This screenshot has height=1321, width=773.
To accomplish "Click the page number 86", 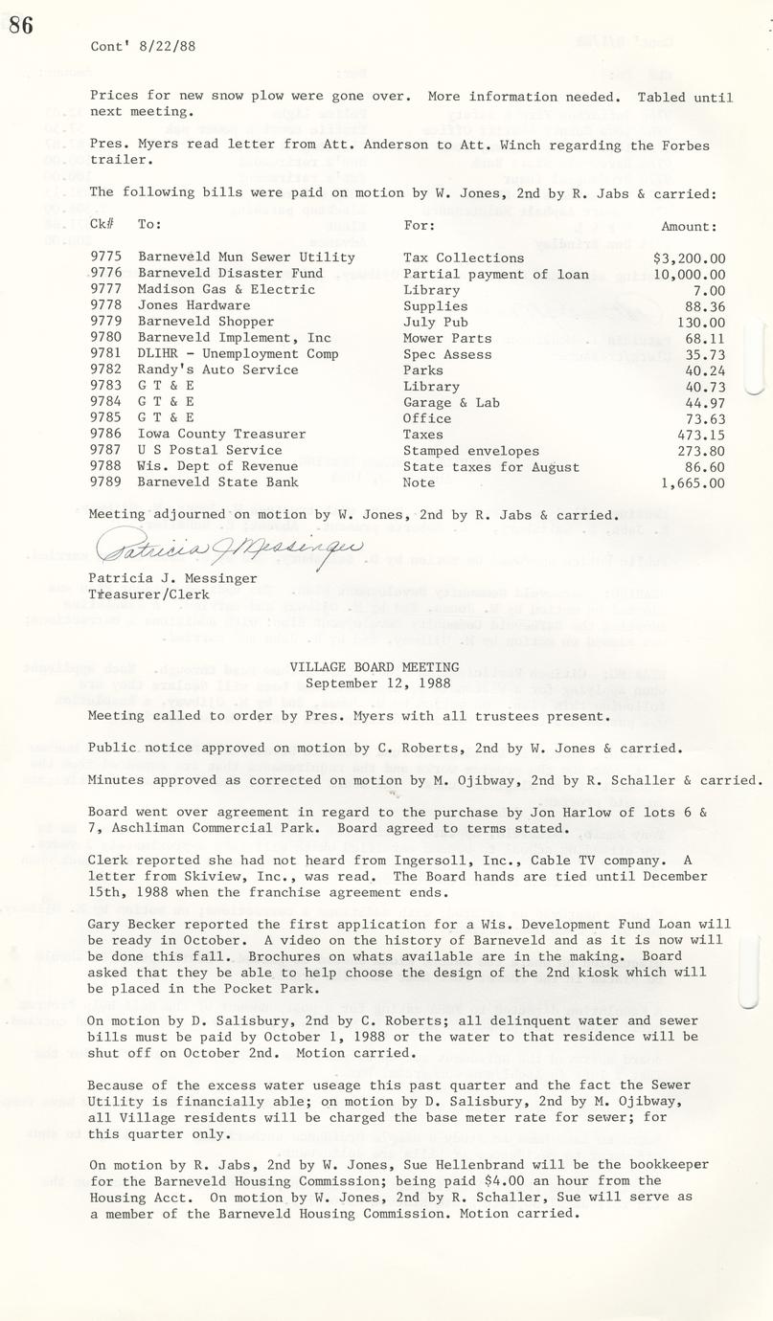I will point(21,25).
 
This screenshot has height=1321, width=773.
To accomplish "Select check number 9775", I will point(106,257).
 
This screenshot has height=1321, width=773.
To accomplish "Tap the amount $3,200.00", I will point(689,257).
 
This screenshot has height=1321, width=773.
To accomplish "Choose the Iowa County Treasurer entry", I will point(221,434).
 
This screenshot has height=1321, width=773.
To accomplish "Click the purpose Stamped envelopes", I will point(470,450).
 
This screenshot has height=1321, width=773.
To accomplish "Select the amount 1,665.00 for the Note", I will point(692,482).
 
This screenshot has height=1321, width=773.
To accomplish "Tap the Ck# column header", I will point(102,225).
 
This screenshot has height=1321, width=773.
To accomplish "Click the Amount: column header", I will point(688,227).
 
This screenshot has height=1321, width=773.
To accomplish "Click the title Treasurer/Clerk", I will point(142,593).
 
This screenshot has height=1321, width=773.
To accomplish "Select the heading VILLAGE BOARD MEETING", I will point(374,666).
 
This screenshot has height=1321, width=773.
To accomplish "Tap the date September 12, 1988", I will point(374,683).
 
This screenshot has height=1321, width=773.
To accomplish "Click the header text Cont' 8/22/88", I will point(143,46).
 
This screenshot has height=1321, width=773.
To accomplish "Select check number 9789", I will point(106,482).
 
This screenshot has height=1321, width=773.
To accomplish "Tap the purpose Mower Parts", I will point(446,338).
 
